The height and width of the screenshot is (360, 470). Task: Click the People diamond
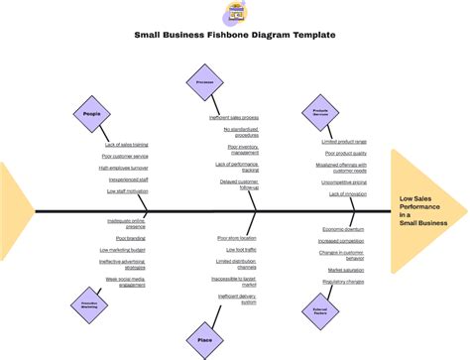point(91,114)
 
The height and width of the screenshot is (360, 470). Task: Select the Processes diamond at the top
point(205,83)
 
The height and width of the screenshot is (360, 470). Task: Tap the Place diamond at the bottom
point(204,340)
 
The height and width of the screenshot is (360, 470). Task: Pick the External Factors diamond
point(319,311)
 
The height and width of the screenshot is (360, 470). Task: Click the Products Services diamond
point(320,112)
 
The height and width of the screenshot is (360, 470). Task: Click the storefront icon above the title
point(235,13)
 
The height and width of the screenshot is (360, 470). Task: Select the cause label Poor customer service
point(126,156)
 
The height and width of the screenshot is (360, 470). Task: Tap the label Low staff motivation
point(126,191)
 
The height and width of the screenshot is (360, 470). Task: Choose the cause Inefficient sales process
point(234,118)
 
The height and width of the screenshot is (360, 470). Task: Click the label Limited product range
point(344,142)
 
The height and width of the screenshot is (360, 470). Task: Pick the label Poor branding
point(130,239)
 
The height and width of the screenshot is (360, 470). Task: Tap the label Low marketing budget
point(124,251)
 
